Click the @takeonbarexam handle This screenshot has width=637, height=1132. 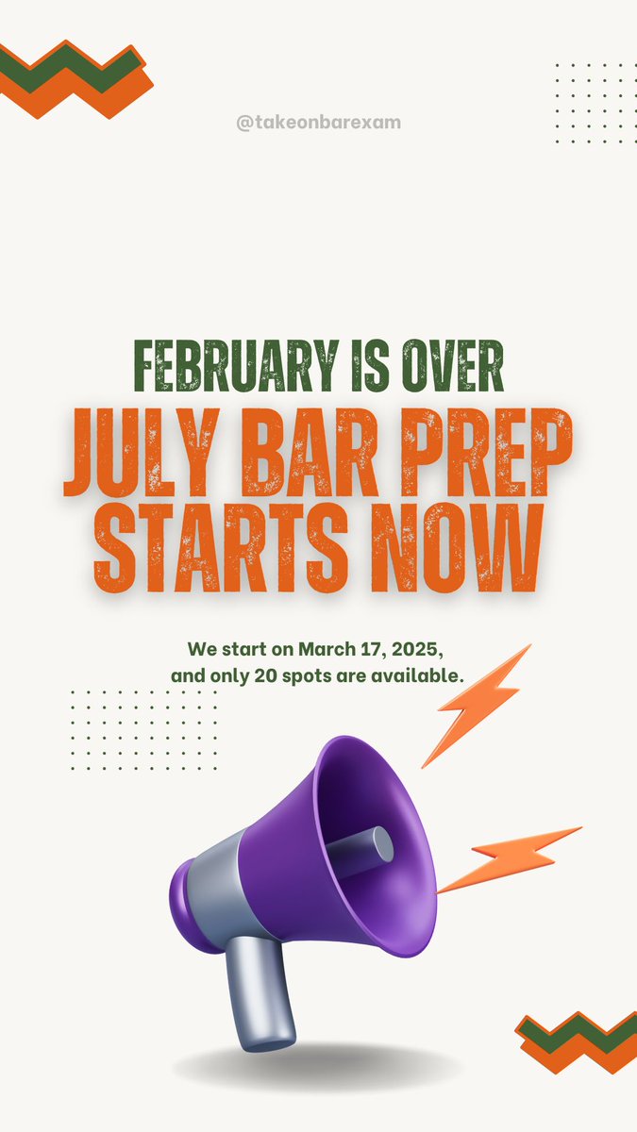(x=318, y=123)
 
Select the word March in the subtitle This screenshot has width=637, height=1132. (x=327, y=650)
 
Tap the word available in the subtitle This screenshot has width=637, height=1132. (x=401, y=676)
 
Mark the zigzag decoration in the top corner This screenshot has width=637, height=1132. (x=75, y=79)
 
